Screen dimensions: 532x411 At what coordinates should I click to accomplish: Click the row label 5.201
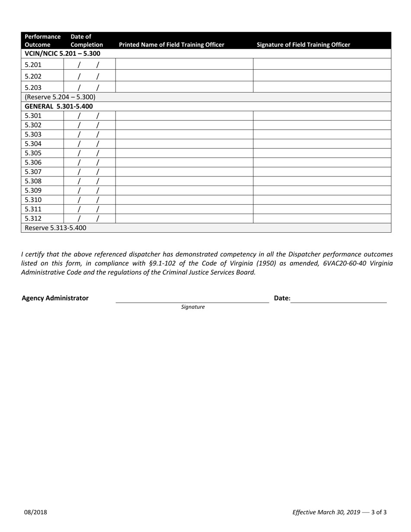point(33,65)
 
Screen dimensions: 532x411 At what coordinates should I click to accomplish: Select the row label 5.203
point(33,87)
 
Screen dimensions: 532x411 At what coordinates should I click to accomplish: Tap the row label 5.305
point(33,153)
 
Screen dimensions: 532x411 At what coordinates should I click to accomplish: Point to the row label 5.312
point(33,218)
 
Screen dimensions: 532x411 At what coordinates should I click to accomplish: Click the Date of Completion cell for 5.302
point(90,125)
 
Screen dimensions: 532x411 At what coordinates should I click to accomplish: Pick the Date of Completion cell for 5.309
point(90,191)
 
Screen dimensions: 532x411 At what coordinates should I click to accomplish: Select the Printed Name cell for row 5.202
point(184,76)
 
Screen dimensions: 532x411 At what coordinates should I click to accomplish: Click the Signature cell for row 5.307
point(321,172)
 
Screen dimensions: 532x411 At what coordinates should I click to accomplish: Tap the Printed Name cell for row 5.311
point(184,209)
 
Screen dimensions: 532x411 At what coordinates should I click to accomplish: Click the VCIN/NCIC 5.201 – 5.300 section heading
point(62,54)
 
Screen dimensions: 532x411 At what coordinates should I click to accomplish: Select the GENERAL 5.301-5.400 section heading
point(58,106)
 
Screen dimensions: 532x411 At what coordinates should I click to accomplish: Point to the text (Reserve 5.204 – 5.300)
point(60,97)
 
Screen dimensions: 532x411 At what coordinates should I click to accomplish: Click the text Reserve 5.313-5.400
point(55,228)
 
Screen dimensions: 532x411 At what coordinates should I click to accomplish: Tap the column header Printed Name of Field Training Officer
point(171,45)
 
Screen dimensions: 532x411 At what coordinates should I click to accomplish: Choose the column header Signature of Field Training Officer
point(303,45)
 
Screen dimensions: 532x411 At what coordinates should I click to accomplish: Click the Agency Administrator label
point(55,298)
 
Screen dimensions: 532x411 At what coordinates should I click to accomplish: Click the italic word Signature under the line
point(193,307)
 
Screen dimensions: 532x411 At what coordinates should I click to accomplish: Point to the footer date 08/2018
point(35,513)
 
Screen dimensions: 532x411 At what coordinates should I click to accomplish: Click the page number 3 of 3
point(379,513)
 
